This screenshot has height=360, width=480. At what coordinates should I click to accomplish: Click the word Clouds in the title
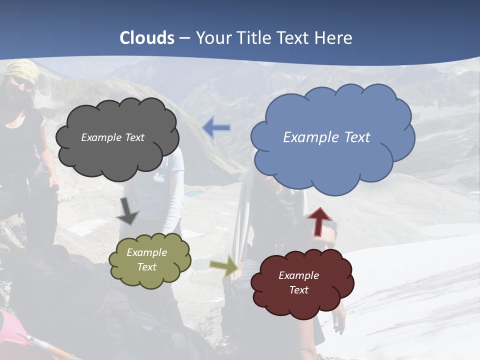[147, 38]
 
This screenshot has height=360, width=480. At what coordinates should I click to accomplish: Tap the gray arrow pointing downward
[128, 212]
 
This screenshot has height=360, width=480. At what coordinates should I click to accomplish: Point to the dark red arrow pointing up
[319, 221]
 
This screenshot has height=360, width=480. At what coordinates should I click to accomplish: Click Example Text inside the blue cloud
[326, 137]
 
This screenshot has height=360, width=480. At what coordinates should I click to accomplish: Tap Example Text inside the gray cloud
[112, 137]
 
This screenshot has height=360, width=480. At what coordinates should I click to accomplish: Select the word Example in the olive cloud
[146, 252]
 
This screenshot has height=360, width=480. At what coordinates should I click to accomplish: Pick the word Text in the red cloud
[298, 290]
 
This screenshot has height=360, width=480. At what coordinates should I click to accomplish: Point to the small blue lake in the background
[195, 192]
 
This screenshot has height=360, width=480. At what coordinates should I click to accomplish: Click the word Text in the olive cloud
[146, 267]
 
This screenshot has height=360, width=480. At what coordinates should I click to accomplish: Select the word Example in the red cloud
[298, 275]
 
